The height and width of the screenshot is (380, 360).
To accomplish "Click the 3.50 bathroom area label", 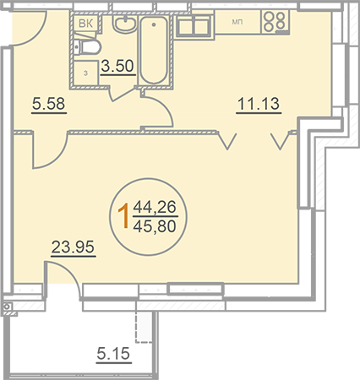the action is (117, 67).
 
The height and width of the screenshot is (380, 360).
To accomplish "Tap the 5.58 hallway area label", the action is (48, 103).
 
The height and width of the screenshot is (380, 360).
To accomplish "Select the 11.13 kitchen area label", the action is (259, 103).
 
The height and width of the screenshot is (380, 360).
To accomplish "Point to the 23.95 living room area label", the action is (73, 247).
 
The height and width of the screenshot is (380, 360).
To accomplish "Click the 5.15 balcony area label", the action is (113, 353).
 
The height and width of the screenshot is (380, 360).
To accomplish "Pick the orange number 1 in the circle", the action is (123, 216).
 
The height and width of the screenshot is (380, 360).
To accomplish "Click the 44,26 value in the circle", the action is (155, 207).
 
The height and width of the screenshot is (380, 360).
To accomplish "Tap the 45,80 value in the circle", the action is (155, 226).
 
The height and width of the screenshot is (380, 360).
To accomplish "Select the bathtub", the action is (154, 50).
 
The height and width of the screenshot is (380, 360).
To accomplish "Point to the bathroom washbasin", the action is (124, 24).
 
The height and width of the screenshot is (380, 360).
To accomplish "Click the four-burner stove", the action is (275, 22).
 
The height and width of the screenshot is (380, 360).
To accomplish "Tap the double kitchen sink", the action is (194, 26).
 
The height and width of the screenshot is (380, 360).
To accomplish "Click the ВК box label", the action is (86, 24).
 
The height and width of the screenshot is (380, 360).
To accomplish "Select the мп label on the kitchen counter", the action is (237, 22).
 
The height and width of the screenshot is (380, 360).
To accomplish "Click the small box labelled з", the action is (85, 73).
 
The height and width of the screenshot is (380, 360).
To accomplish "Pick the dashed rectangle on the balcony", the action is (144, 327).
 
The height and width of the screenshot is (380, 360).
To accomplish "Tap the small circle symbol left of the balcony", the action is (8, 307).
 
